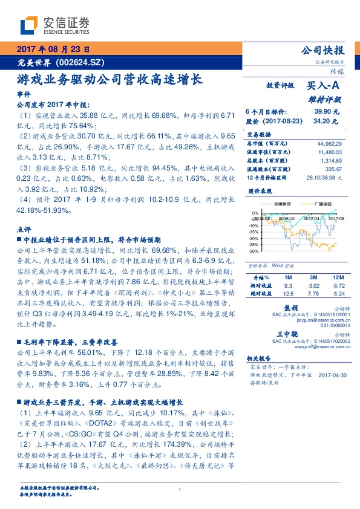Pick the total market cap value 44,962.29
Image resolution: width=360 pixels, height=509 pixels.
point(329,143)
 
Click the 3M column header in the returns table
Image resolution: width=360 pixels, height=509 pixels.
point(313,276)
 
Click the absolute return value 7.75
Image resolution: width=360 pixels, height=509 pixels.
point(313,293)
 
